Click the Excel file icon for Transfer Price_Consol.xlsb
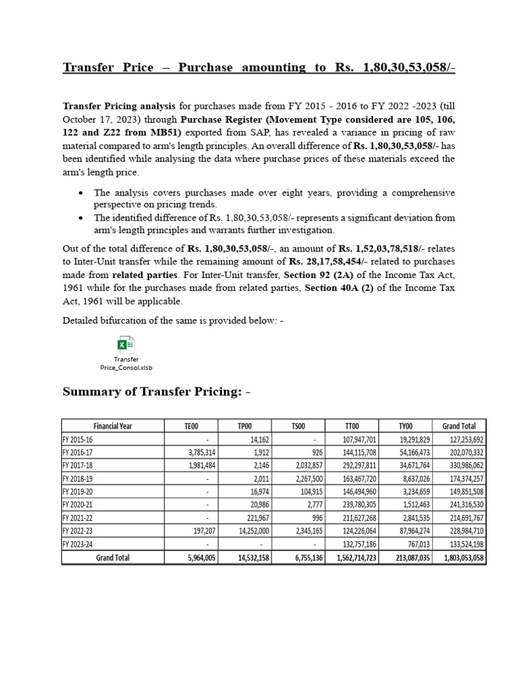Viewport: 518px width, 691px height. (x=125, y=345)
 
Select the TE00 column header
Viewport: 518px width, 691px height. (x=191, y=426)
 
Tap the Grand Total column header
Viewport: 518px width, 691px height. (x=459, y=426)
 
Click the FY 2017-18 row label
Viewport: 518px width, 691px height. (x=79, y=466)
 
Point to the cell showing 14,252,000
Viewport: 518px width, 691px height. (x=248, y=531)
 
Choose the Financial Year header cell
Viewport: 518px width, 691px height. (x=113, y=426)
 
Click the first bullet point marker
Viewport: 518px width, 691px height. (x=81, y=193)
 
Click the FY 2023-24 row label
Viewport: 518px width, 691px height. (x=79, y=545)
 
